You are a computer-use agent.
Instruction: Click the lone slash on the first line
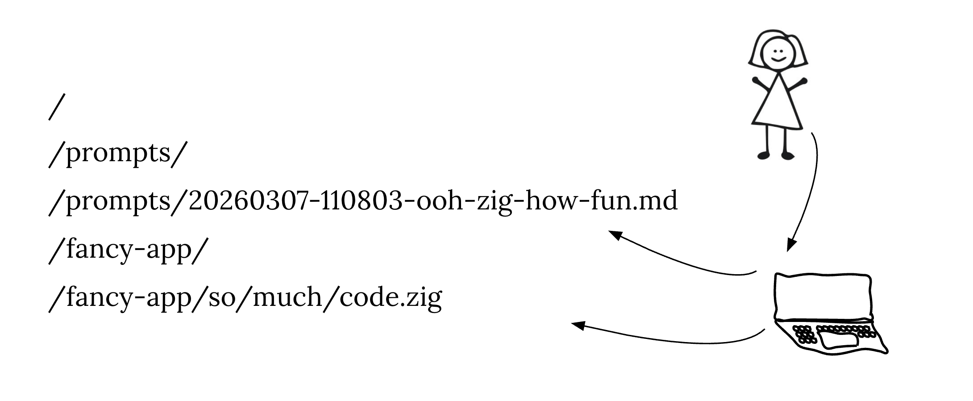[x=57, y=107]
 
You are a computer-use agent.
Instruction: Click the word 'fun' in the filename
[x=609, y=200]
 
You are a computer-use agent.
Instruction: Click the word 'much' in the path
[x=287, y=297]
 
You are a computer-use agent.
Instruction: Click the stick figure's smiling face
[x=778, y=54]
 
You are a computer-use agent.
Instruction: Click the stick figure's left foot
[x=764, y=155]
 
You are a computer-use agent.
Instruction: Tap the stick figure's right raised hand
[x=803, y=81]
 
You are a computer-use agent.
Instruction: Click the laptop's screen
[x=822, y=296]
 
